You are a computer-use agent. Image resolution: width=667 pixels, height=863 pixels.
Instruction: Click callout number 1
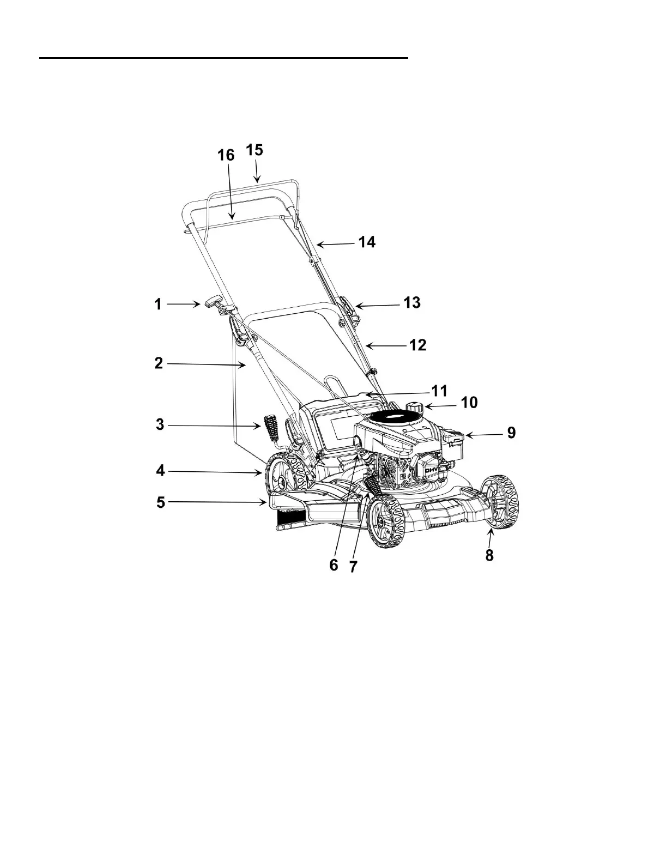[158, 304]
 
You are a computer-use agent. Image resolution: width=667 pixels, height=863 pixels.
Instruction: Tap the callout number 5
[161, 502]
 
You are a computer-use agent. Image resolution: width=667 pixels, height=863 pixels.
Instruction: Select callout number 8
[489, 556]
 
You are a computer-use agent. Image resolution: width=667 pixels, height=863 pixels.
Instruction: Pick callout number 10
[469, 403]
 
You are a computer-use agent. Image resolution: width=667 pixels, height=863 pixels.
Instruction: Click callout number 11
[439, 391]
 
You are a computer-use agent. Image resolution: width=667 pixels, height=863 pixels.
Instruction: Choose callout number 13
[413, 302]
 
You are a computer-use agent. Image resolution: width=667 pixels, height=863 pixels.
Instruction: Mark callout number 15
[254, 150]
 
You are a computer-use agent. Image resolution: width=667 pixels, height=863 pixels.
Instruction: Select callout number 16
[226, 155]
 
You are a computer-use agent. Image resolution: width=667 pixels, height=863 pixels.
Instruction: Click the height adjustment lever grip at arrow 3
[271, 429]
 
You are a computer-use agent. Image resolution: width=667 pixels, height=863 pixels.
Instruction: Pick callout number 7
[353, 567]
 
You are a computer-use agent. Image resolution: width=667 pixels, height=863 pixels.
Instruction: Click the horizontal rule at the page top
[223, 57]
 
